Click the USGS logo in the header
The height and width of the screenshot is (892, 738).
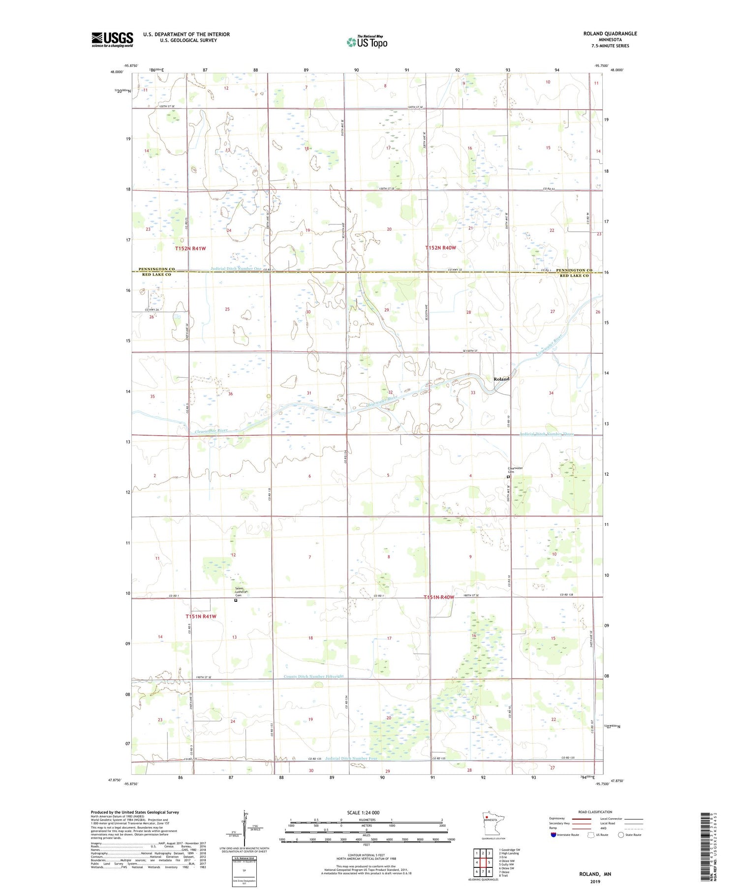tap(112, 39)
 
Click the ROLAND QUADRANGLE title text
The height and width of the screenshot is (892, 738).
tap(610, 33)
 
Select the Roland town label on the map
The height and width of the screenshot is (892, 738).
tap(501, 379)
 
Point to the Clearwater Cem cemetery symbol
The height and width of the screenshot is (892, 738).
tap(508, 477)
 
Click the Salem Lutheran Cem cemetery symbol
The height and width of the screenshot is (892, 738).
tap(235, 600)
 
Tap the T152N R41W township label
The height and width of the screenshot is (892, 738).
tap(190, 249)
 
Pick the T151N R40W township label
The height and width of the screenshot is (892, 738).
tap(439, 597)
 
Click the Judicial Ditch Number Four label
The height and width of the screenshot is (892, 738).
tap(351, 758)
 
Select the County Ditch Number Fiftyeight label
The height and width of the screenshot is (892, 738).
tap(313, 677)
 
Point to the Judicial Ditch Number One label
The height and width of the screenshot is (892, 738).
tap(236, 269)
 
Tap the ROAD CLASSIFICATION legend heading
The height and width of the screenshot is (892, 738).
tap(595, 812)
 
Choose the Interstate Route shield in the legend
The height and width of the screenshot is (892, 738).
tap(553, 835)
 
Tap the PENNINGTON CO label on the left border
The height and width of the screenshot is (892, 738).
tap(156, 269)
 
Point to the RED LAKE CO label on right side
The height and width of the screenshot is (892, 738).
tap(574, 276)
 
